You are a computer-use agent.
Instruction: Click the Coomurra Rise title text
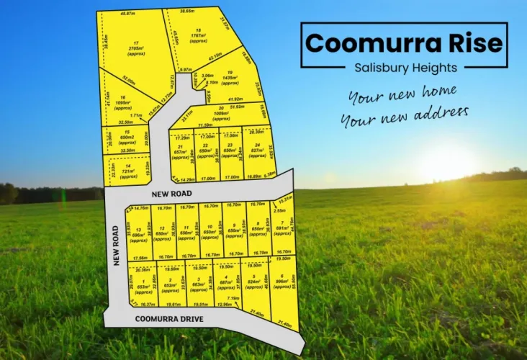[404, 42]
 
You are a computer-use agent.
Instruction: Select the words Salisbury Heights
[405, 68]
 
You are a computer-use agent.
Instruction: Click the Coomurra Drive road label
[169, 319]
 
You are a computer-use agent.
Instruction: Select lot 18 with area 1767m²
[199, 35]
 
